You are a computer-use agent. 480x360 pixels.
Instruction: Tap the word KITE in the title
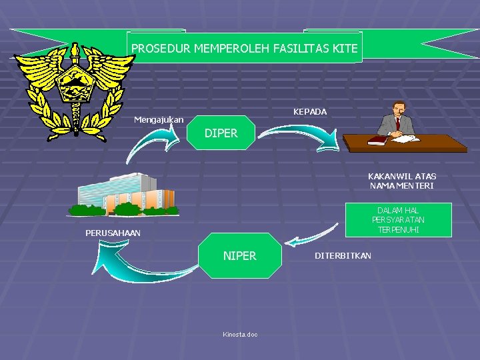click(343, 49)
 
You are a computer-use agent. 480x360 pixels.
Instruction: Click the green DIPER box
click(221, 133)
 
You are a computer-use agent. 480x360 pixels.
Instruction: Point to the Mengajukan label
click(159, 120)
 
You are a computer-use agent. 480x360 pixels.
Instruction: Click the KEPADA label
click(310, 111)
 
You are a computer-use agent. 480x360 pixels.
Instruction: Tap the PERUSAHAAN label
click(113, 233)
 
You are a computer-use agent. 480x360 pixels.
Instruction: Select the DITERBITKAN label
click(343, 256)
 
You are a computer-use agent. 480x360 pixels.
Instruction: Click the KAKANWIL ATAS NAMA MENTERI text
click(402, 181)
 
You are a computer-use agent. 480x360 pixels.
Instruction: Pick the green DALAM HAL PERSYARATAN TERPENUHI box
click(398, 219)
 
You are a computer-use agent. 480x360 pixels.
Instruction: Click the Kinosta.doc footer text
click(240, 335)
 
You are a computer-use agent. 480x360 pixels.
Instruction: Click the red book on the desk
click(377, 140)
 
